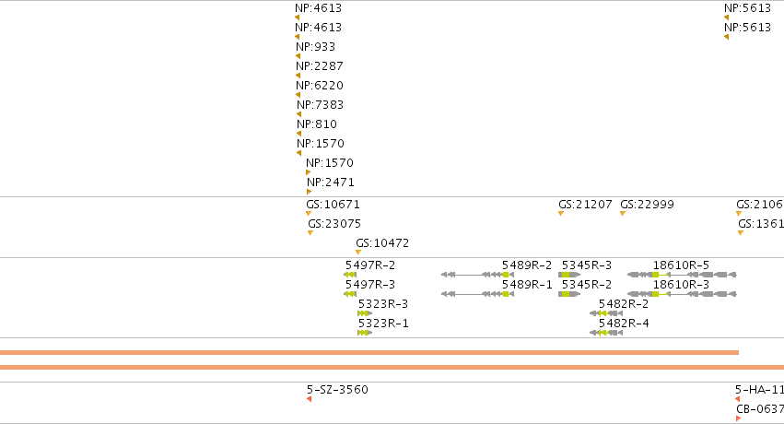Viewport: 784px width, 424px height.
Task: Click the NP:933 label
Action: point(315,47)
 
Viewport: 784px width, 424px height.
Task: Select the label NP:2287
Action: point(320,66)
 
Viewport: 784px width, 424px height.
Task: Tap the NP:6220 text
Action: point(320,86)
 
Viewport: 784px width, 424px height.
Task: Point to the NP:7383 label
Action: point(320,105)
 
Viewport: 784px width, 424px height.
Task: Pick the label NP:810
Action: point(317,124)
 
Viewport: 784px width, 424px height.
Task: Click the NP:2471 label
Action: point(331,183)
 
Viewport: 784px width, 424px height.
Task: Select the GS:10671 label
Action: point(333,205)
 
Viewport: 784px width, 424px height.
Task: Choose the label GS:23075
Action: point(334,224)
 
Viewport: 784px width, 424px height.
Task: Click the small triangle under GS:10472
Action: point(358,252)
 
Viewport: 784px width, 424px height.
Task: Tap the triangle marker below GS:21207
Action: point(561,214)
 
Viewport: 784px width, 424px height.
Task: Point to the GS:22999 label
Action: point(647,205)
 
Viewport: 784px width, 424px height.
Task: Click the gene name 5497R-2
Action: point(370,265)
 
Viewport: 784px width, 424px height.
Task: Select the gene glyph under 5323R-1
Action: point(365,333)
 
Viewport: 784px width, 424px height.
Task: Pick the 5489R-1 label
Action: point(527,285)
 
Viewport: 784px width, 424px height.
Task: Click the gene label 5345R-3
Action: point(587,265)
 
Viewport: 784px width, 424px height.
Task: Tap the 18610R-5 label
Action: point(681,265)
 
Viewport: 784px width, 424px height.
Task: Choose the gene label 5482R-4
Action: point(624,324)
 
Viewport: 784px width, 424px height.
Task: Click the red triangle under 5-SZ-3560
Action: point(309,399)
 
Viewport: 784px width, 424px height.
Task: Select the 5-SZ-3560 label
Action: point(337,390)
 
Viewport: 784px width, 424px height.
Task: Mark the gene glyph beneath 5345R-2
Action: point(569,294)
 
